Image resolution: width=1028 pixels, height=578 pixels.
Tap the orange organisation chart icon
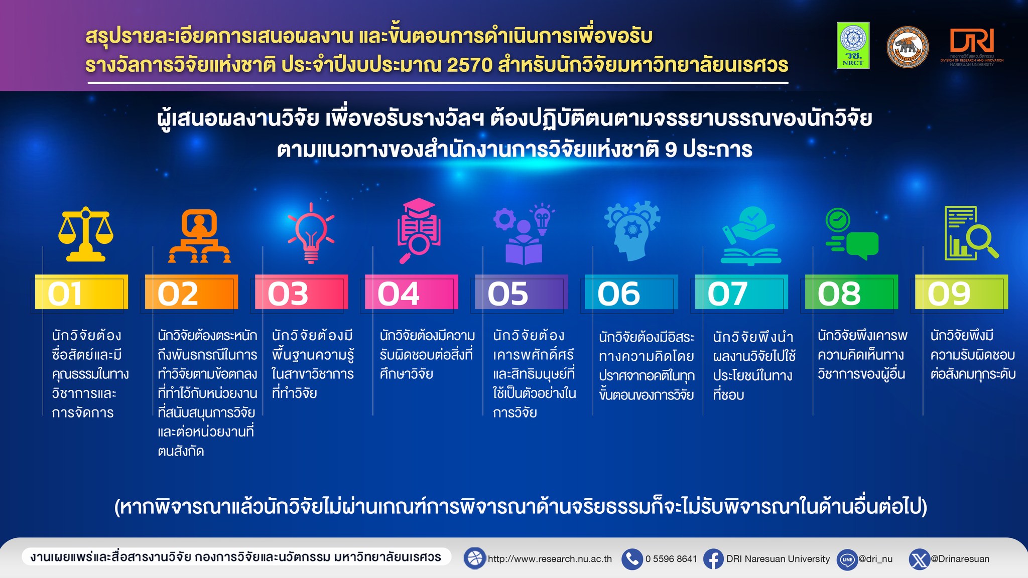pos(199,236)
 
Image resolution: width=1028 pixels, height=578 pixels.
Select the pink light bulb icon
pos(311,233)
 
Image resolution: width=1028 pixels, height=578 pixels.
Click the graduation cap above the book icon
pos(419,207)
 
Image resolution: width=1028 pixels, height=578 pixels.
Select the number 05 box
pos(522,292)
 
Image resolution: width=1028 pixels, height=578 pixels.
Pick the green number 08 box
pos(851,292)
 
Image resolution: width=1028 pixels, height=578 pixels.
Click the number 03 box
pos(301,292)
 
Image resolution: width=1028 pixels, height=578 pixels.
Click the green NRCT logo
pos(853,45)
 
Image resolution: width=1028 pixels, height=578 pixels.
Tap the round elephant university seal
pos(908,47)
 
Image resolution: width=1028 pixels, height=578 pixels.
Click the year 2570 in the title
pos(469,65)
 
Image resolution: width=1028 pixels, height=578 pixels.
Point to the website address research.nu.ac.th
pos(550,559)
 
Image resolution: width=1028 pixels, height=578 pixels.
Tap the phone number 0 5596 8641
pos(671,559)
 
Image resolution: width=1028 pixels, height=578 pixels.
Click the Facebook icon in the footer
pos(713,559)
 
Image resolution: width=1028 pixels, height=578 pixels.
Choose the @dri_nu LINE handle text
pos(875,559)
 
